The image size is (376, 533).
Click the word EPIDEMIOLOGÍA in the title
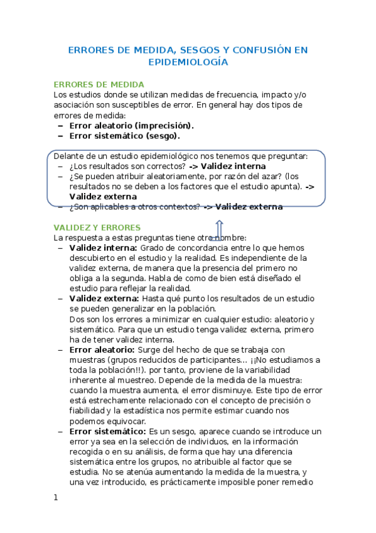point(188,62)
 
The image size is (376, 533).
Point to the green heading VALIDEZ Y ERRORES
point(97,227)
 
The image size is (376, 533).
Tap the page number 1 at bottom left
point(56,497)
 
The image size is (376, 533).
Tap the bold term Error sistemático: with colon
point(107,431)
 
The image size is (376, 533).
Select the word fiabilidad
point(92,411)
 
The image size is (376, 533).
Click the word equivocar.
point(127,421)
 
